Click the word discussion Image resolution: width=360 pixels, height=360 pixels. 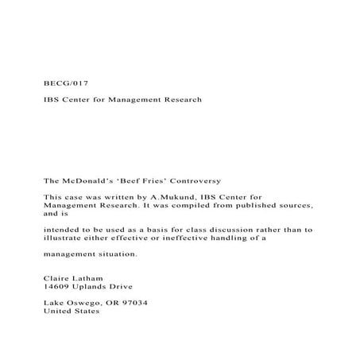[208, 229]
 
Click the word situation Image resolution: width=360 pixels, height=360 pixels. [116, 254]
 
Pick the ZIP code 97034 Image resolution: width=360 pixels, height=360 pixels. [133, 304]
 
